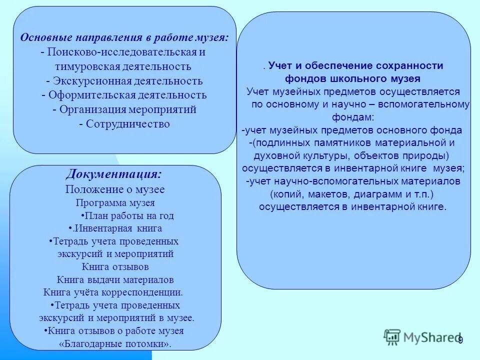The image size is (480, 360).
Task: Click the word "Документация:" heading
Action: click(x=113, y=174)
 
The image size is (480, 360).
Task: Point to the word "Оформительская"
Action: click(x=88, y=95)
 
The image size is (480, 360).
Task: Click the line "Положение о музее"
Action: click(x=114, y=189)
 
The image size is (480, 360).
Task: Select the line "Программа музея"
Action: click(x=115, y=203)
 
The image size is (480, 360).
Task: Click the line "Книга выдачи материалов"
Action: click(x=115, y=280)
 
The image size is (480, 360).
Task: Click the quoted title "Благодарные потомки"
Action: click(x=115, y=343)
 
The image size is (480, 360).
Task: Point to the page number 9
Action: click(x=460, y=340)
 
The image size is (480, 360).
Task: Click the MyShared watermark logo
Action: click(x=422, y=337)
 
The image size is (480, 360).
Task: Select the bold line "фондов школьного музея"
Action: click(x=352, y=78)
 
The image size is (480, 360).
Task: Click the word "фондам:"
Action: click(x=352, y=117)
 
